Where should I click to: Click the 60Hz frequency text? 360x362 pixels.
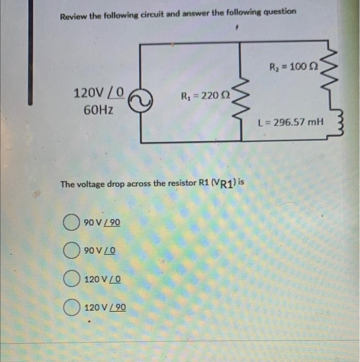click(x=99, y=110)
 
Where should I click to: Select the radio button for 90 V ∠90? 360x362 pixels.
click(x=71, y=223)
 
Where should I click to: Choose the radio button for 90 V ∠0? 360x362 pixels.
click(x=71, y=251)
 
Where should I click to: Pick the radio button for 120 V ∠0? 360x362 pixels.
click(x=71, y=279)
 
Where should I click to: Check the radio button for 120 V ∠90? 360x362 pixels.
click(x=71, y=308)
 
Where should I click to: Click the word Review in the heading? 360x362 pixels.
click(x=73, y=16)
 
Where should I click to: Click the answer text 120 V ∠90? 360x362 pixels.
click(x=105, y=308)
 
